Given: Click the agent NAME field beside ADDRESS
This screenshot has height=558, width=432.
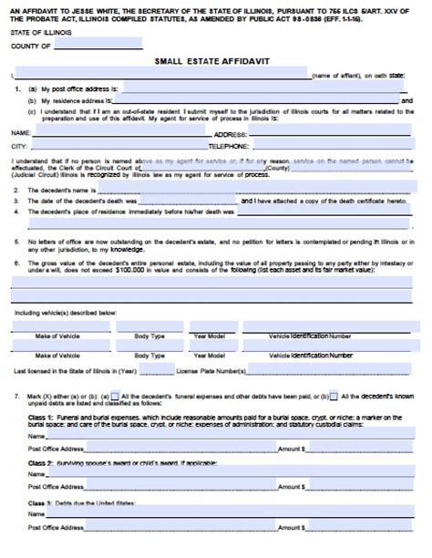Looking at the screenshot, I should [119, 133].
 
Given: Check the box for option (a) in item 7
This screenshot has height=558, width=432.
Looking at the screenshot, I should [114, 397].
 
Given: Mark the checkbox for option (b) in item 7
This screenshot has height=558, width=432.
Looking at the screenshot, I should [334, 397].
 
